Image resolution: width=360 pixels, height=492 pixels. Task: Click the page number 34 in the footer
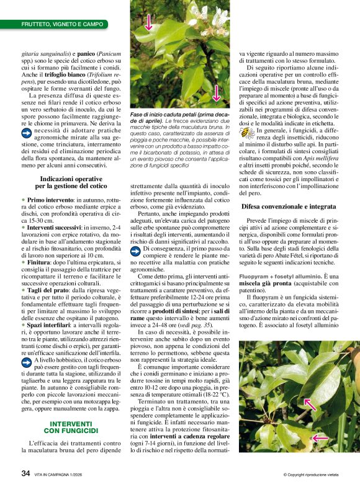click(x=25, y=473)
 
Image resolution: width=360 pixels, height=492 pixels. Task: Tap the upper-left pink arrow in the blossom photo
click(x=148, y=22)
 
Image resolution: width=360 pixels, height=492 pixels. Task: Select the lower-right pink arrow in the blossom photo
click(x=216, y=93)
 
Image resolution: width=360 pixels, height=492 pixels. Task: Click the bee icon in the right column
click(x=248, y=132)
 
